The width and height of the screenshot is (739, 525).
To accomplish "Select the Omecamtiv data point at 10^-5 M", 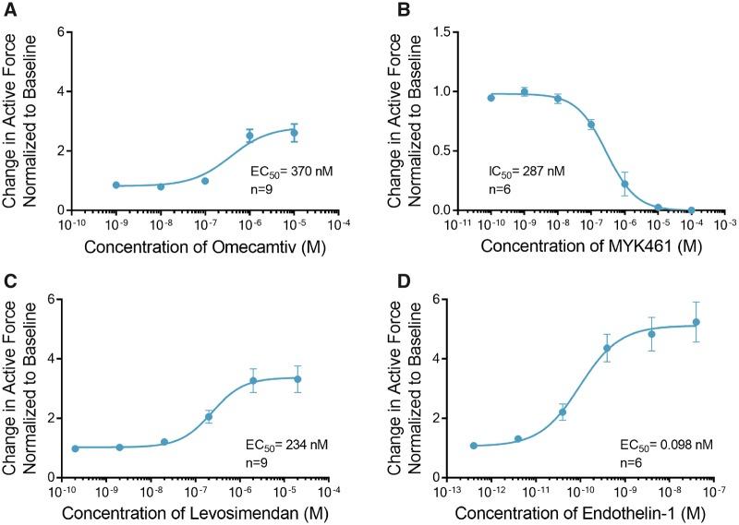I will click(x=294, y=133).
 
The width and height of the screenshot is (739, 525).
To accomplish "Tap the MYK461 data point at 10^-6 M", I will click(x=624, y=184).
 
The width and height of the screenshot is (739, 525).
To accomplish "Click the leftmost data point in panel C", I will click(x=75, y=447).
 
